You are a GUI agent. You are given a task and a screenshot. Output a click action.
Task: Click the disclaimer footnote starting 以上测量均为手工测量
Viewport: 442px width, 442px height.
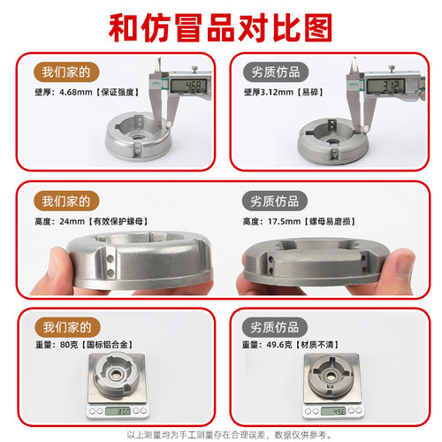(x=220, y=434)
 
